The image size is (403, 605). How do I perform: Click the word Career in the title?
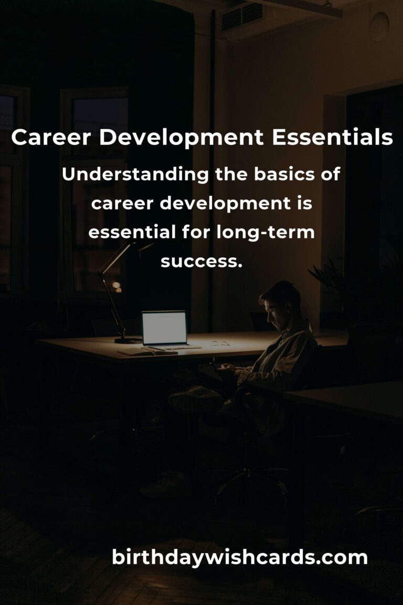point(51,138)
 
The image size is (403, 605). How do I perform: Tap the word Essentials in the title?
point(333,138)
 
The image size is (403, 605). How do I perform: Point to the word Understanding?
point(135,175)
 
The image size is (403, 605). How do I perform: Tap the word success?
point(201,262)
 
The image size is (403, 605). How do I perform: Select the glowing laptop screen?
point(164,328)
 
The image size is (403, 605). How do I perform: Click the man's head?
point(281,305)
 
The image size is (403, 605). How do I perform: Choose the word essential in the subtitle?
point(132,232)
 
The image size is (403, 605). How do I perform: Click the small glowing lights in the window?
point(116,286)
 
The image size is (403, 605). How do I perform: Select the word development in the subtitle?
point(225,204)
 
